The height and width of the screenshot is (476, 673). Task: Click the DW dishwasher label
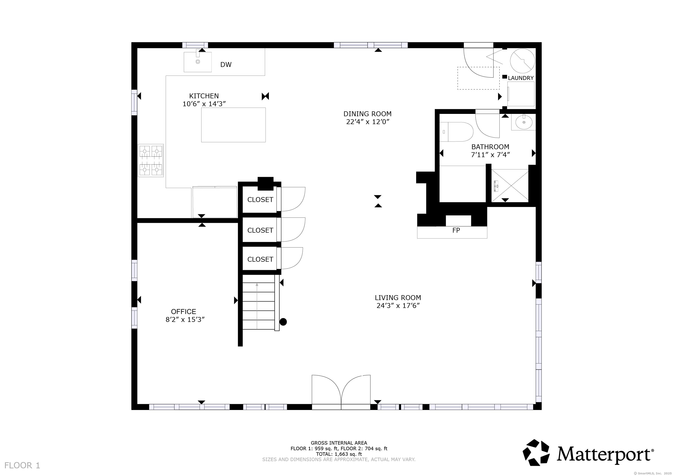click(226, 64)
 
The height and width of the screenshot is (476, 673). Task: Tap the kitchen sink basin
click(198, 62)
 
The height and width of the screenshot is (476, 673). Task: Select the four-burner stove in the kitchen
click(151, 160)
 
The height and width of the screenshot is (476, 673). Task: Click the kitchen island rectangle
click(233, 125)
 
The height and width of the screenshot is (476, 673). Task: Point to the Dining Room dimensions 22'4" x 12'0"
click(368, 122)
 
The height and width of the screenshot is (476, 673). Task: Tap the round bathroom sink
click(524, 122)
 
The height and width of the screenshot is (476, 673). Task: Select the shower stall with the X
click(510, 185)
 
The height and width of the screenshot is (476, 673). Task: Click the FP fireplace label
click(456, 230)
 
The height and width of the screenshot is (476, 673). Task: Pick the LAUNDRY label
click(521, 78)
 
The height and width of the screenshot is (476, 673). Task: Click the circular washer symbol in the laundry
click(522, 61)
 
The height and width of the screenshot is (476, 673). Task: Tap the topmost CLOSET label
click(260, 200)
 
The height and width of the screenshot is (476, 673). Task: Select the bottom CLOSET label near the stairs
click(260, 259)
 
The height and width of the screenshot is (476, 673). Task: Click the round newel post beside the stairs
click(283, 322)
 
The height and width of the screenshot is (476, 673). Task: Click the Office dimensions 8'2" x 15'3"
click(185, 320)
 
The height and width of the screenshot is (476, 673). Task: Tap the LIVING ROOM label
click(398, 297)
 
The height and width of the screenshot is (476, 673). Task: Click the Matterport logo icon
click(536, 452)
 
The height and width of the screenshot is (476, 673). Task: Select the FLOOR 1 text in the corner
click(22, 466)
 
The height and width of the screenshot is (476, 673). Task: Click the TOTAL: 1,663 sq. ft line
click(339, 454)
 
